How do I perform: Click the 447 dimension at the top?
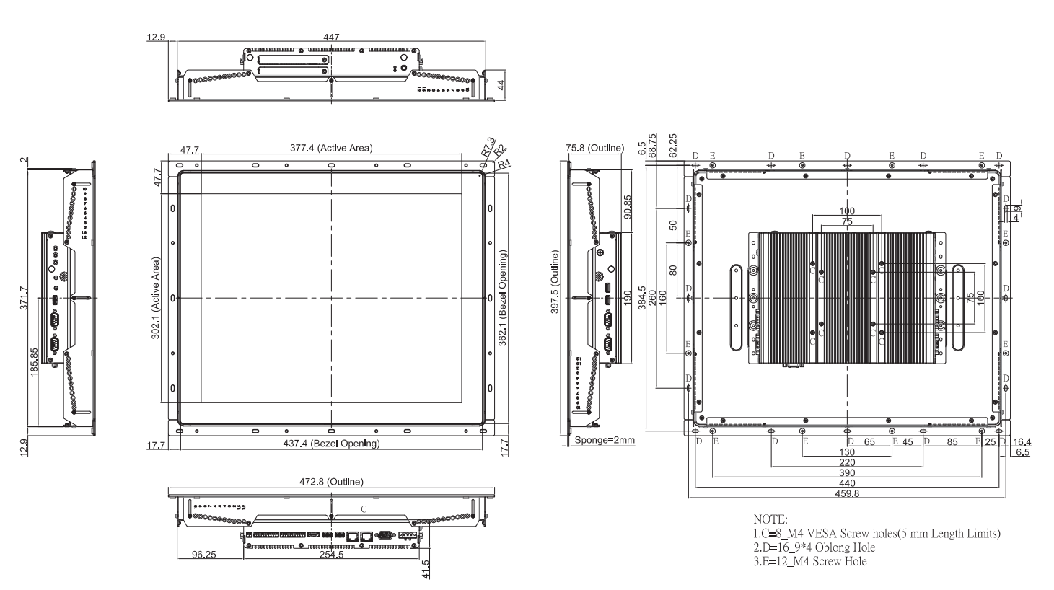click(x=332, y=37)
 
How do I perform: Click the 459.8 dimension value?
click(x=846, y=493)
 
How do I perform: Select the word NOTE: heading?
click(x=770, y=519)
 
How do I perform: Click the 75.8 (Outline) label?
click(x=594, y=149)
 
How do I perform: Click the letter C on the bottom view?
click(x=364, y=509)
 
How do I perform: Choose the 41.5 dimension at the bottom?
click(x=426, y=569)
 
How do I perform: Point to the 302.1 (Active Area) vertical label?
click(x=155, y=298)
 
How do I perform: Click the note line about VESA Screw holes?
click(x=876, y=534)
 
